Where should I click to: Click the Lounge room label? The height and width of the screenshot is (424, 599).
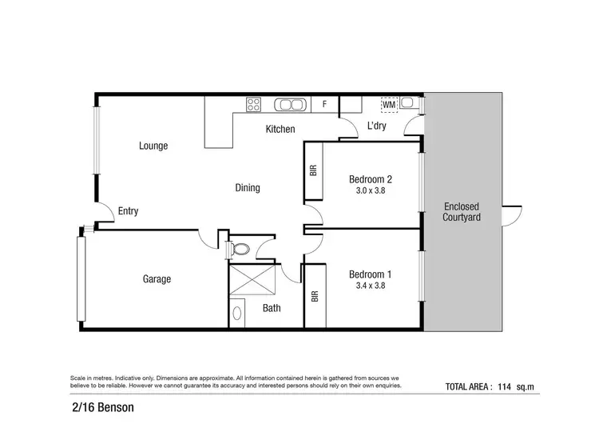[153, 146]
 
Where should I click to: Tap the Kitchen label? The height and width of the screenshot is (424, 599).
[280, 129]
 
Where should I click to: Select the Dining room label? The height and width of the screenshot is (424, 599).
[247, 188]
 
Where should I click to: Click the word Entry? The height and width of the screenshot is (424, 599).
[128, 211]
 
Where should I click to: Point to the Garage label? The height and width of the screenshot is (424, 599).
[157, 279]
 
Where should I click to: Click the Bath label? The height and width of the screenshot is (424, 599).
[271, 308]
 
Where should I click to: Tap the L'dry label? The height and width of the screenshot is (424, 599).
[378, 126]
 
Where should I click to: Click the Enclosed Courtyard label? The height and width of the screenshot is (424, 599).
[462, 211]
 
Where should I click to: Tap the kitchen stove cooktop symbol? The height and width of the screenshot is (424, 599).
[253, 104]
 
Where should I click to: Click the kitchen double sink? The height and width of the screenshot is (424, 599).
[289, 104]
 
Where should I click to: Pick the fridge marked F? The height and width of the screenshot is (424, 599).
[324, 104]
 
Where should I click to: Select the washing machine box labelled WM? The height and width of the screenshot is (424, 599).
[388, 105]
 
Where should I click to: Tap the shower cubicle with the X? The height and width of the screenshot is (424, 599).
[252, 280]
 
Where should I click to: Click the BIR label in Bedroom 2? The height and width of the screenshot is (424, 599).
[312, 170]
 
